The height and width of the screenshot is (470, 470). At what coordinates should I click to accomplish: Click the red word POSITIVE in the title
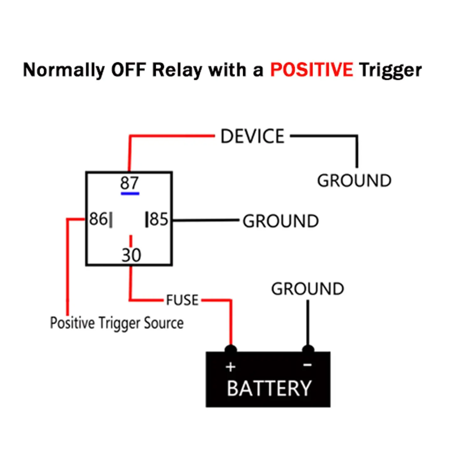pyautogui.click(x=311, y=70)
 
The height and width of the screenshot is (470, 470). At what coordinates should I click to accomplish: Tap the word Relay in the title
pyautogui.click(x=177, y=70)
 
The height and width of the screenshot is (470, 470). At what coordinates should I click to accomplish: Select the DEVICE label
pyautogui.click(x=253, y=137)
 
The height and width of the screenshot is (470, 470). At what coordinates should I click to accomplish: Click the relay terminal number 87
pyautogui.click(x=129, y=183)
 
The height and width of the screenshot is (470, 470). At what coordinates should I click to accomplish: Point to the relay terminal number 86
pyautogui.click(x=98, y=219)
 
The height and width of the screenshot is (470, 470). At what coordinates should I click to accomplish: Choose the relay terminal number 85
pyautogui.click(x=159, y=219)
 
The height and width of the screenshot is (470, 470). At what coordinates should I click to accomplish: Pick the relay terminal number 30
pyautogui.click(x=131, y=255)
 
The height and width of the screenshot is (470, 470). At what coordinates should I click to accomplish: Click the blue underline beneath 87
pyautogui.click(x=130, y=194)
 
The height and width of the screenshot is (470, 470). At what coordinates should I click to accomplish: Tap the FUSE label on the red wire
pyautogui.click(x=182, y=300)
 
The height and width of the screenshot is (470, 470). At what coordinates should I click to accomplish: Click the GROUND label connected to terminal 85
pyautogui.click(x=281, y=221)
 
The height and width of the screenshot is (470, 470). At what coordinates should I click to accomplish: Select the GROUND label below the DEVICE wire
pyautogui.click(x=354, y=181)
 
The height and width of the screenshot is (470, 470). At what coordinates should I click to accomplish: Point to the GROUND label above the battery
pyautogui.click(x=307, y=289)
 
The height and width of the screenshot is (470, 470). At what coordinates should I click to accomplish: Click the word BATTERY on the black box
pyautogui.click(x=269, y=389)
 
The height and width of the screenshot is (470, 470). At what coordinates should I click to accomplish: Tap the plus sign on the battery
pyautogui.click(x=231, y=367)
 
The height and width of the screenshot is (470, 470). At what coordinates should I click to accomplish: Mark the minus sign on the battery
pyautogui.click(x=307, y=365)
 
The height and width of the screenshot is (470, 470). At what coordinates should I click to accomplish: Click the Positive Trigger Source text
pyautogui.click(x=117, y=323)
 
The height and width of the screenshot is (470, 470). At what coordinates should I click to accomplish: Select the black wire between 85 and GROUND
pyautogui.click(x=205, y=221)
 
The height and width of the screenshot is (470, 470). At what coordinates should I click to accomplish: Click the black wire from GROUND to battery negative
pyautogui.click(x=308, y=323)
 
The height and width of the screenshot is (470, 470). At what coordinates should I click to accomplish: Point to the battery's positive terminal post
pyautogui.click(x=231, y=348)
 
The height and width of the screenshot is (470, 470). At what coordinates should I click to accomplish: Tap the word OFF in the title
pyautogui.click(x=128, y=70)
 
